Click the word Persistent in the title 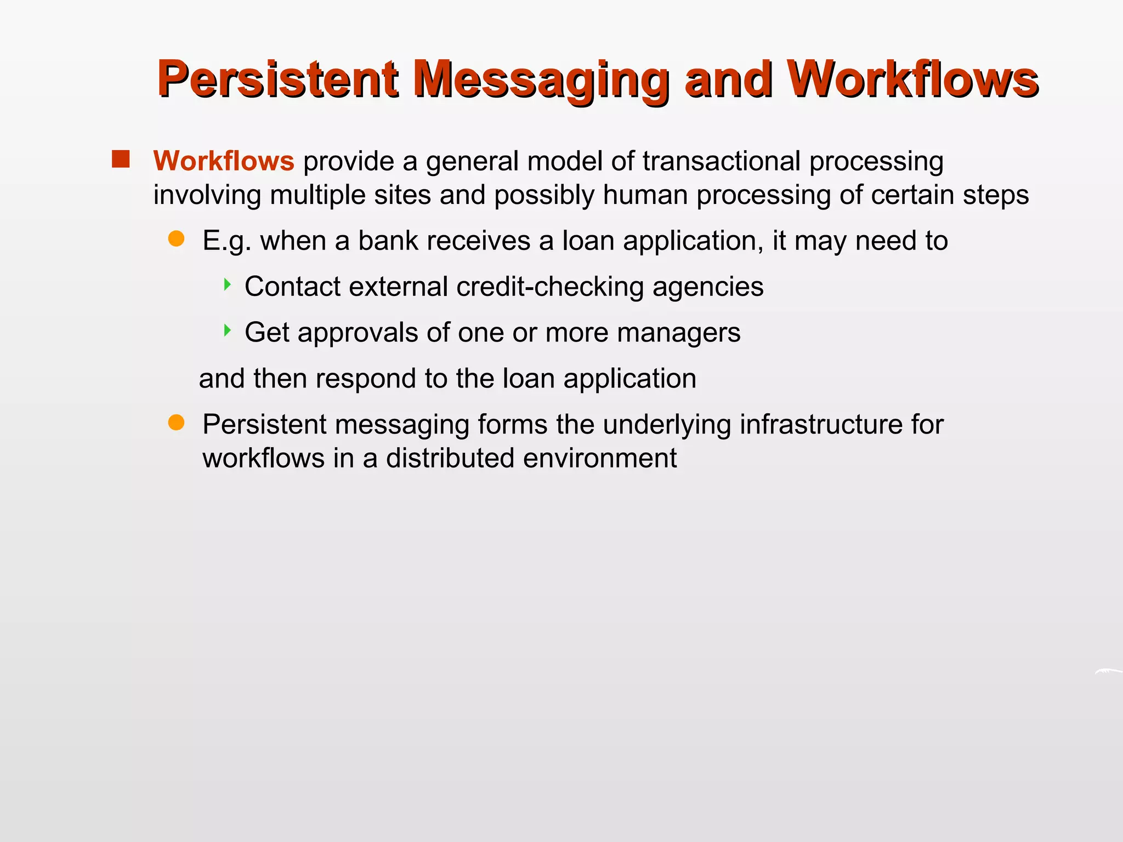click(277, 80)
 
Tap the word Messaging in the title click(540, 80)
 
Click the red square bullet click(121, 160)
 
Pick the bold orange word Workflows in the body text click(224, 161)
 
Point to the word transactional click(721, 161)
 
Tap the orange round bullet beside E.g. click(176, 239)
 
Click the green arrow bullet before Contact click(227, 285)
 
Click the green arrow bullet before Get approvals click(227, 330)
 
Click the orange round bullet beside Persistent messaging click(176, 423)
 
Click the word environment click(600, 458)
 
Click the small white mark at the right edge click(1108, 672)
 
